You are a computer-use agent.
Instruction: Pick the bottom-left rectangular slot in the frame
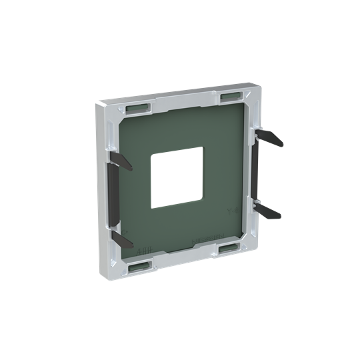click(x=139, y=267)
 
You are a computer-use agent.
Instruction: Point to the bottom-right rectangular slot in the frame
click(x=229, y=247)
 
